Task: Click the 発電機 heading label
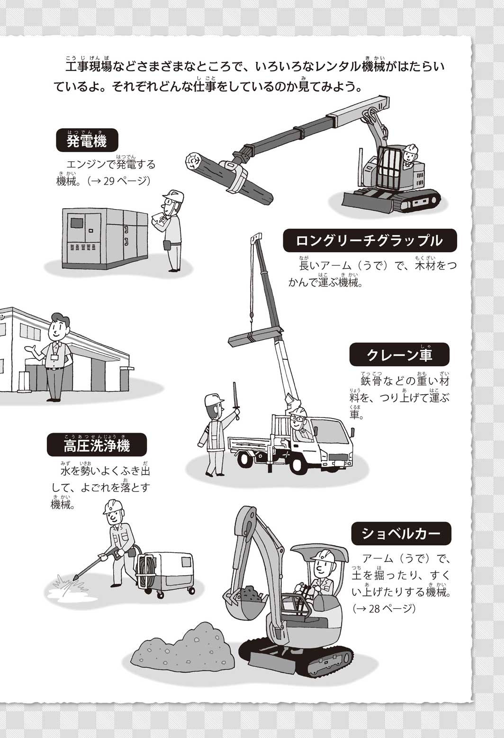(x=87, y=140)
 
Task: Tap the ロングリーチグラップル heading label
(x=370, y=240)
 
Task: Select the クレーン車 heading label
(x=399, y=355)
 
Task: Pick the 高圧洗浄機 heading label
(x=97, y=445)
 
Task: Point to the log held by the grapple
(x=229, y=178)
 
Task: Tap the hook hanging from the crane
(x=252, y=320)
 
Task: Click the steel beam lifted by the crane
(x=255, y=337)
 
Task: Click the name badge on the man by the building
(x=54, y=359)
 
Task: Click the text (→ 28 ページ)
(x=384, y=608)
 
